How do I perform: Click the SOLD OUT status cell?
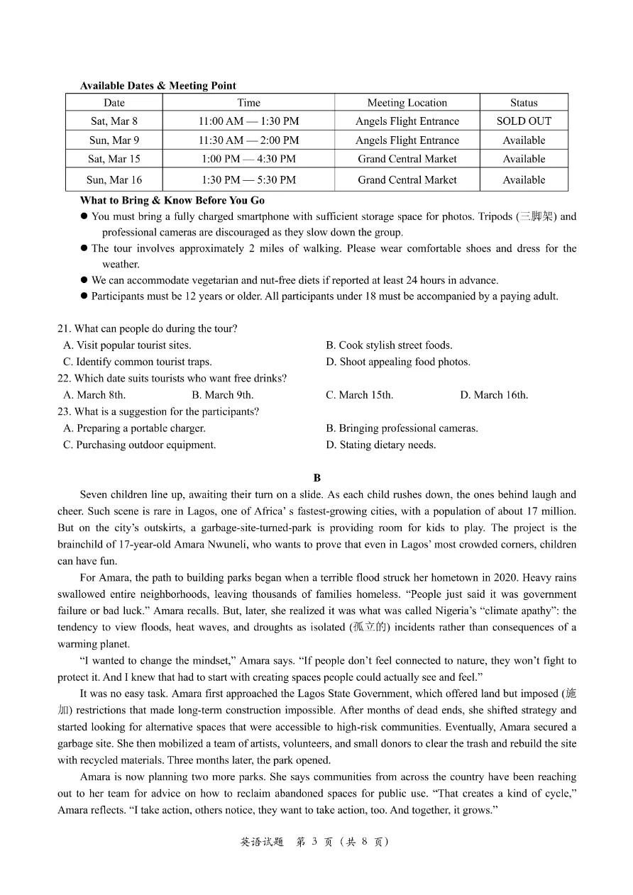pos(524,121)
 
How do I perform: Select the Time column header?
pos(248,103)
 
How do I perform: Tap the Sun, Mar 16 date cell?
pos(114,180)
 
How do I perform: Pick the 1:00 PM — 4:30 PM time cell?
pos(248,159)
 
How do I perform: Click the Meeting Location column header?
pos(407,103)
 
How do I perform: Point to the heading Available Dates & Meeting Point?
pos(158,86)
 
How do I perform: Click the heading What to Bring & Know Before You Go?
pos(172,200)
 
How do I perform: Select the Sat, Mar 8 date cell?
pos(114,121)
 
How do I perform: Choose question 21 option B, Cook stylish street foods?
pos(389,345)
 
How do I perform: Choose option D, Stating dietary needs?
pos(381,445)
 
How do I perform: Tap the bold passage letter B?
pos(317,478)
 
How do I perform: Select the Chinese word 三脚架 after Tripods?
pos(537,216)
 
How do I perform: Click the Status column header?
pos(524,103)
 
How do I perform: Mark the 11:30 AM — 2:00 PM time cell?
pos(248,140)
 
